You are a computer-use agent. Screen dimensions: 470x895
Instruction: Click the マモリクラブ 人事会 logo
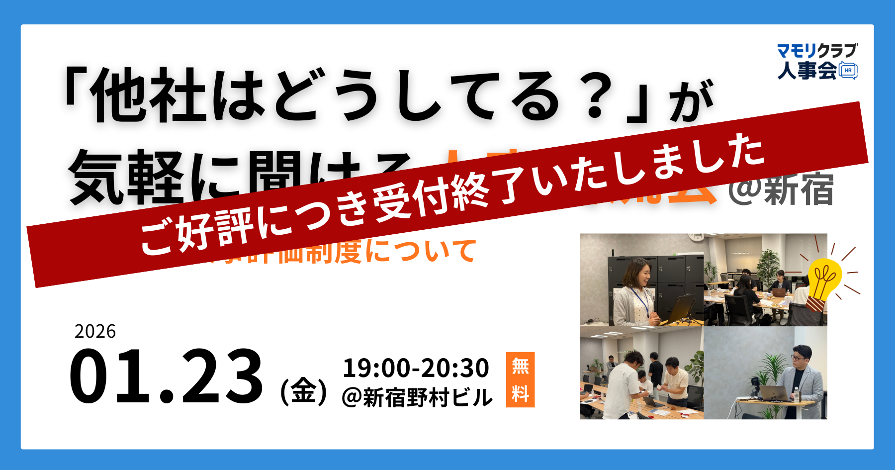point(817,61)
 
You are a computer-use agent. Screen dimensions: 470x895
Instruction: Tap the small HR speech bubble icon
point(848,71)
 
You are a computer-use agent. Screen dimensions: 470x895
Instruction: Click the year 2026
point(95,331)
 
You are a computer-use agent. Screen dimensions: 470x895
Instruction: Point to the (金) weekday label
point(303,391)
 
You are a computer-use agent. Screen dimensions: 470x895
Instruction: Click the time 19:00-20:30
point(416,368)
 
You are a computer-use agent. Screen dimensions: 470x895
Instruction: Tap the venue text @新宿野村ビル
point(417,398)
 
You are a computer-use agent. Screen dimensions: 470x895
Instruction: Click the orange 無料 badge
point(520,379)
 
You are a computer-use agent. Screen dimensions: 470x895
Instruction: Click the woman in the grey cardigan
point(632,296)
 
